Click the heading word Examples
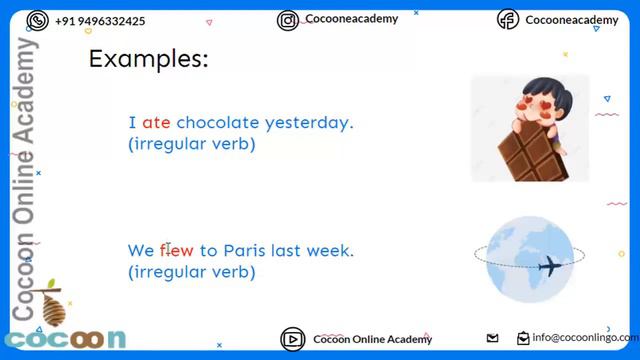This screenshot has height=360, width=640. pyautogui.click(x=148, y=58)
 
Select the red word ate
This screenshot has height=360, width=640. pyautogui.click(x=156, y=123)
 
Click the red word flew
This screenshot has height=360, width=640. pyautogui.click(x=176, y=250)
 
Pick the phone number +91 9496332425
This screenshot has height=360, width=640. pyautogui.click(x=100, y=20)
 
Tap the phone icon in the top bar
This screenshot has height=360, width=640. pyautogui.click(x=38, y=20)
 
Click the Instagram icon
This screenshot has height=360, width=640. pyautogui.click(x=288, y=20)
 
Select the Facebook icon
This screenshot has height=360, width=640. pyautogui.click(x=508, y=20)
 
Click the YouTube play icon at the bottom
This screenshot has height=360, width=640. pyautogui.click(x=292, y=339)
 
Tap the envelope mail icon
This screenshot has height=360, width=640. pyautogui.click(x=492, y=338)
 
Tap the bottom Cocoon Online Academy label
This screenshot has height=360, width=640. pyautogui.click(x=372, y=339)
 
